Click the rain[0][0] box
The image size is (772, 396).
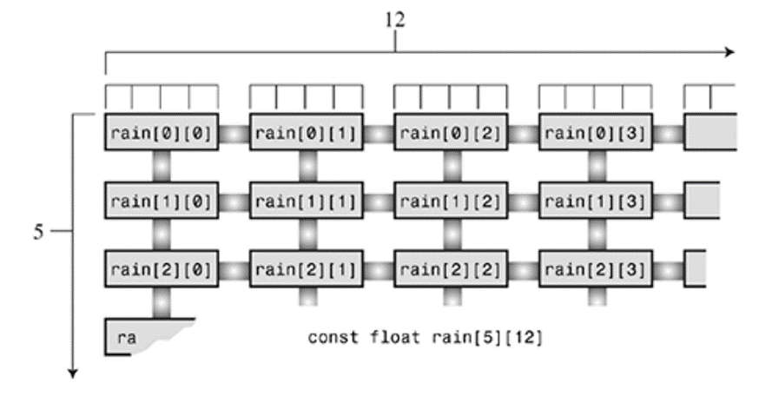[162, 132]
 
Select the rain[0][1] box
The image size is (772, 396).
[307, 132]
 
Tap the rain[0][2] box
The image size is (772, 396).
[451, 132]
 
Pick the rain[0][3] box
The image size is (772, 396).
[596, 132]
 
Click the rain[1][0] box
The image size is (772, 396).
[162, 201]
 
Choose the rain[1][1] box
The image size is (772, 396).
[307, 201]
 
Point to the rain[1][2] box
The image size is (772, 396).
[451, 201]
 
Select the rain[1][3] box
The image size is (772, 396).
[596, 201]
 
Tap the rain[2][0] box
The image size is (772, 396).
[162, 269]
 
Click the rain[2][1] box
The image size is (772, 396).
[307, 269]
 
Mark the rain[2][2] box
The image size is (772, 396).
[451, 269]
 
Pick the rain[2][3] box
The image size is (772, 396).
[596, 269]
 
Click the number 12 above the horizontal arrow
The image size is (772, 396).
[395, 20]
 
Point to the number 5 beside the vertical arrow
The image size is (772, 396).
[38, 232]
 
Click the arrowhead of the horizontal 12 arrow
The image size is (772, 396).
[729, 52]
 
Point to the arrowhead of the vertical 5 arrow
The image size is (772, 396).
[73, 373]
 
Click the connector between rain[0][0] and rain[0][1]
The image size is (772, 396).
[234, 133]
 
